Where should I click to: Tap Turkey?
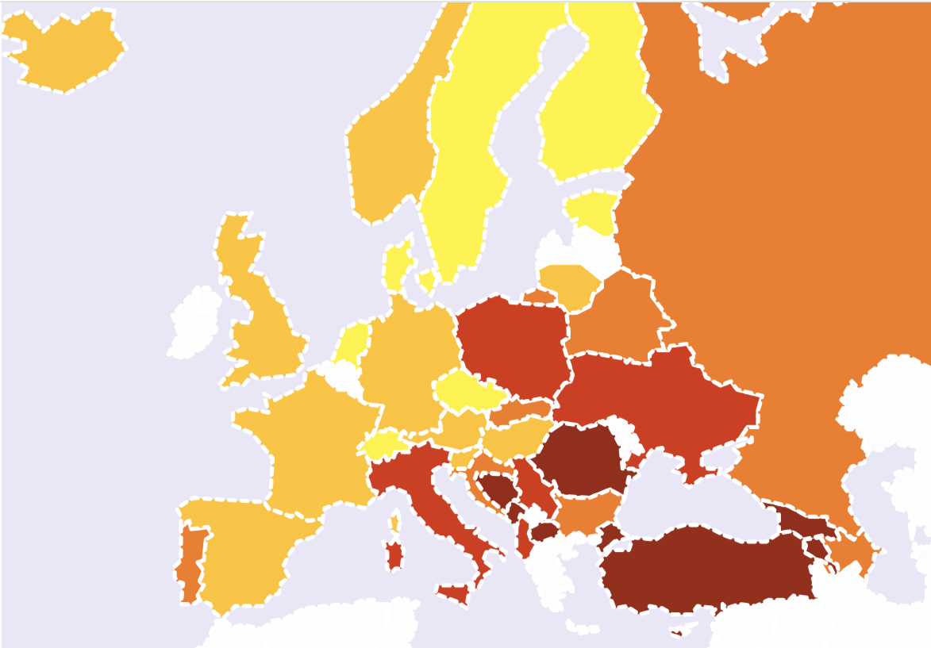[x=706, y=571]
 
